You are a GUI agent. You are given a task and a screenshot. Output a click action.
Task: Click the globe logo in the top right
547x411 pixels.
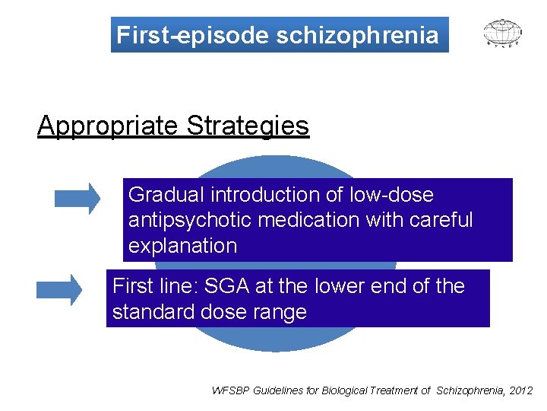tap(503, 33)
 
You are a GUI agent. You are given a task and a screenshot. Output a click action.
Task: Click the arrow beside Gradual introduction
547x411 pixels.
tap(77, 198)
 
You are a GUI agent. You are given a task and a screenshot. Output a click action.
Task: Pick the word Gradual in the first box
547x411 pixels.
tap(168, 195)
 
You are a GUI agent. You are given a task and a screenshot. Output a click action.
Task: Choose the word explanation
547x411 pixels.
tap(182, 246)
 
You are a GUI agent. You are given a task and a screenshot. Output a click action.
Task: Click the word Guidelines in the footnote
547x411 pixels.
tap(280, 390)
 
